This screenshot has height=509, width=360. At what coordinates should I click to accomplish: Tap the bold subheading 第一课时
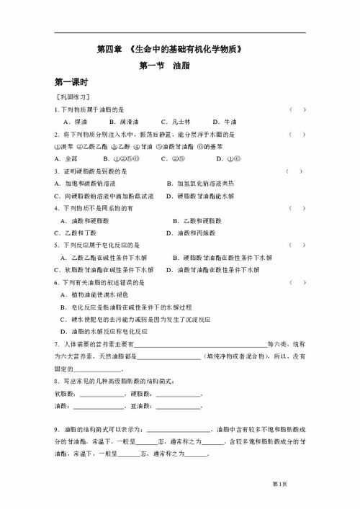pyautogui.click(x=71, y=82)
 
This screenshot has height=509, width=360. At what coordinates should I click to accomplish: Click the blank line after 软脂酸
pyautogui.click(x=101, y=393)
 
